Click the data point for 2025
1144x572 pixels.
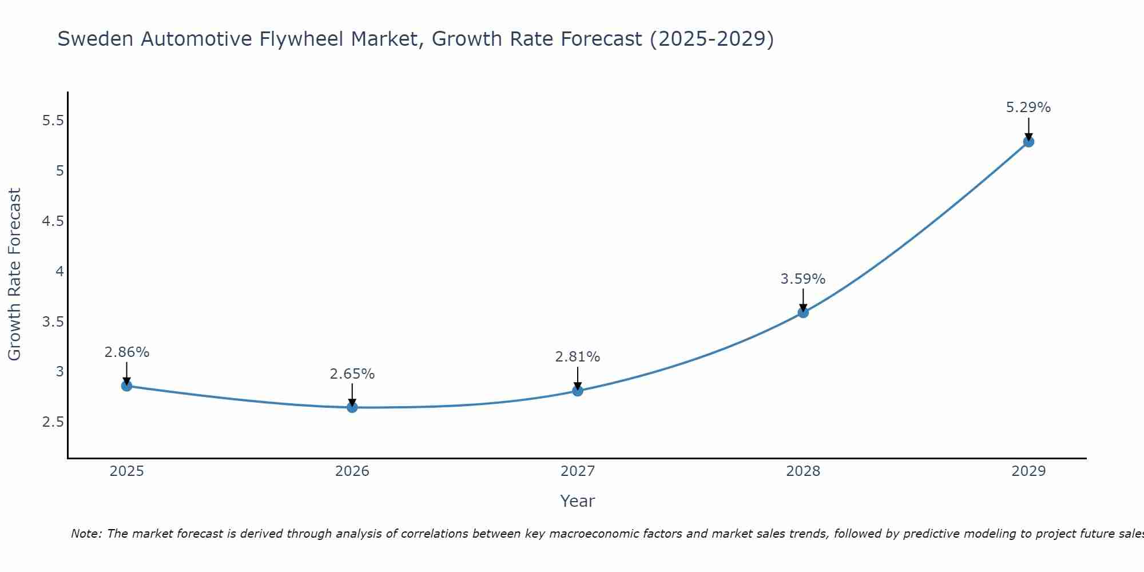pos(126,386)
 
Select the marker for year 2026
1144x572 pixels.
pos(352,407)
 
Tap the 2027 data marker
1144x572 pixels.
pos(578,391)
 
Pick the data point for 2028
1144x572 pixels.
pos(803,312)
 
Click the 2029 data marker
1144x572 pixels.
pos(1028,141)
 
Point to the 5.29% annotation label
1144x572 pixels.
pos(1028,108)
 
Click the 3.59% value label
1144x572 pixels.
pos(803,279)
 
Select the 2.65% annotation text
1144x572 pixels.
pos(352,374)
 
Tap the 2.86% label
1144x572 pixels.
pos(126,352)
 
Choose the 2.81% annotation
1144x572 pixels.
pos(578,357)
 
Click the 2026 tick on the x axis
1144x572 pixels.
pos(352,471)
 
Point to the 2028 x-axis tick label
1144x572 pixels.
pos(803,471)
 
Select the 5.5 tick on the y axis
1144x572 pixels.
pos(53,121)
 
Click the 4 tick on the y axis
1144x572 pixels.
pos(59,271)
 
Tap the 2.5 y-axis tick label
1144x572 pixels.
pos(53,422)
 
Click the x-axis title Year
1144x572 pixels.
pos(578,501)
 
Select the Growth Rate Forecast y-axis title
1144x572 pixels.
pos(14,275)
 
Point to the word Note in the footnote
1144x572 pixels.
pos(85,534)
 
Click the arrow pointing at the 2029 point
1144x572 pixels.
pos(1028,129)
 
